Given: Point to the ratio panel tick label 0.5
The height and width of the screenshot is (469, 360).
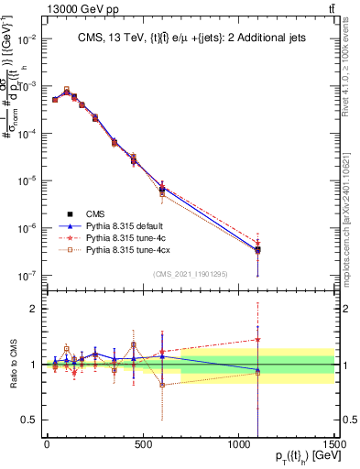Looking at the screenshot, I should tap(29, 420).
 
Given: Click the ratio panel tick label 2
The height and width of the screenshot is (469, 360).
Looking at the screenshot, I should tap(34, 309).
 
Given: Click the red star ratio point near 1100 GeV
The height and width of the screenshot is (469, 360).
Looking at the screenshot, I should tap(258, 340).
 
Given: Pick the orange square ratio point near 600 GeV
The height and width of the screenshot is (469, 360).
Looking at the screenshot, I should tap(162, 385).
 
